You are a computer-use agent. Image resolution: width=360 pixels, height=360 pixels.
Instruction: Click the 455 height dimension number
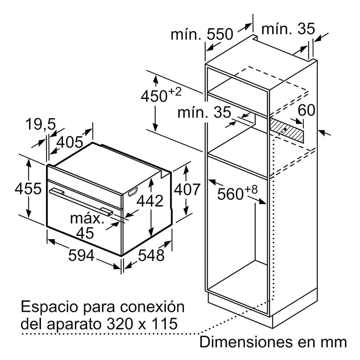pos(28,189)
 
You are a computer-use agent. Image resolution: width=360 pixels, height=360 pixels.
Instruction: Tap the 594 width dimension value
pos(81,255)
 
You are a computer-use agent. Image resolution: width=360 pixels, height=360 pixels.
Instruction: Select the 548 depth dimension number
pos(151,255)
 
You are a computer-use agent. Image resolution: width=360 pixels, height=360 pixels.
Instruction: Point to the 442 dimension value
pos(150,201)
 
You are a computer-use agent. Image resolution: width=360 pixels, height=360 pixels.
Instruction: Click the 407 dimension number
pos(187,189)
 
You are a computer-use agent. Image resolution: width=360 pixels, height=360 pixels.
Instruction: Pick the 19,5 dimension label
pos(41,124)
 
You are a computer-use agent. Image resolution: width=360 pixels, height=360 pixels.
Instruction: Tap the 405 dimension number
pos(69,142)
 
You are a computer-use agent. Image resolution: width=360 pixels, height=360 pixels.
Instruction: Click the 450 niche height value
pos(154,96)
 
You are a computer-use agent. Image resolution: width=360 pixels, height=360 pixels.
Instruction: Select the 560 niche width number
pos(230,194)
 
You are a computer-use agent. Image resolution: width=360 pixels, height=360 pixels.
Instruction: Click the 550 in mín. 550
pos(220,35)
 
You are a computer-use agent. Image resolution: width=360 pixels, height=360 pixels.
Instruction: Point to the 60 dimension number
pos(306,110)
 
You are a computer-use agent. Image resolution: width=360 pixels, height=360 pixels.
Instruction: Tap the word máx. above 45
pos(87,219)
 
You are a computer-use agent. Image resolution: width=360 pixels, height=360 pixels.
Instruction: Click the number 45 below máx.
pos(85,233)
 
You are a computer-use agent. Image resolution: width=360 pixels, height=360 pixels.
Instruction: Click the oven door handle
pos(81,201)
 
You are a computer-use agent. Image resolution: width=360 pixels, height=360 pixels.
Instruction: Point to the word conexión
pos(152,306)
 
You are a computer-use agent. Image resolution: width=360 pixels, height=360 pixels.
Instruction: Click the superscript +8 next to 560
pos(251,190)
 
